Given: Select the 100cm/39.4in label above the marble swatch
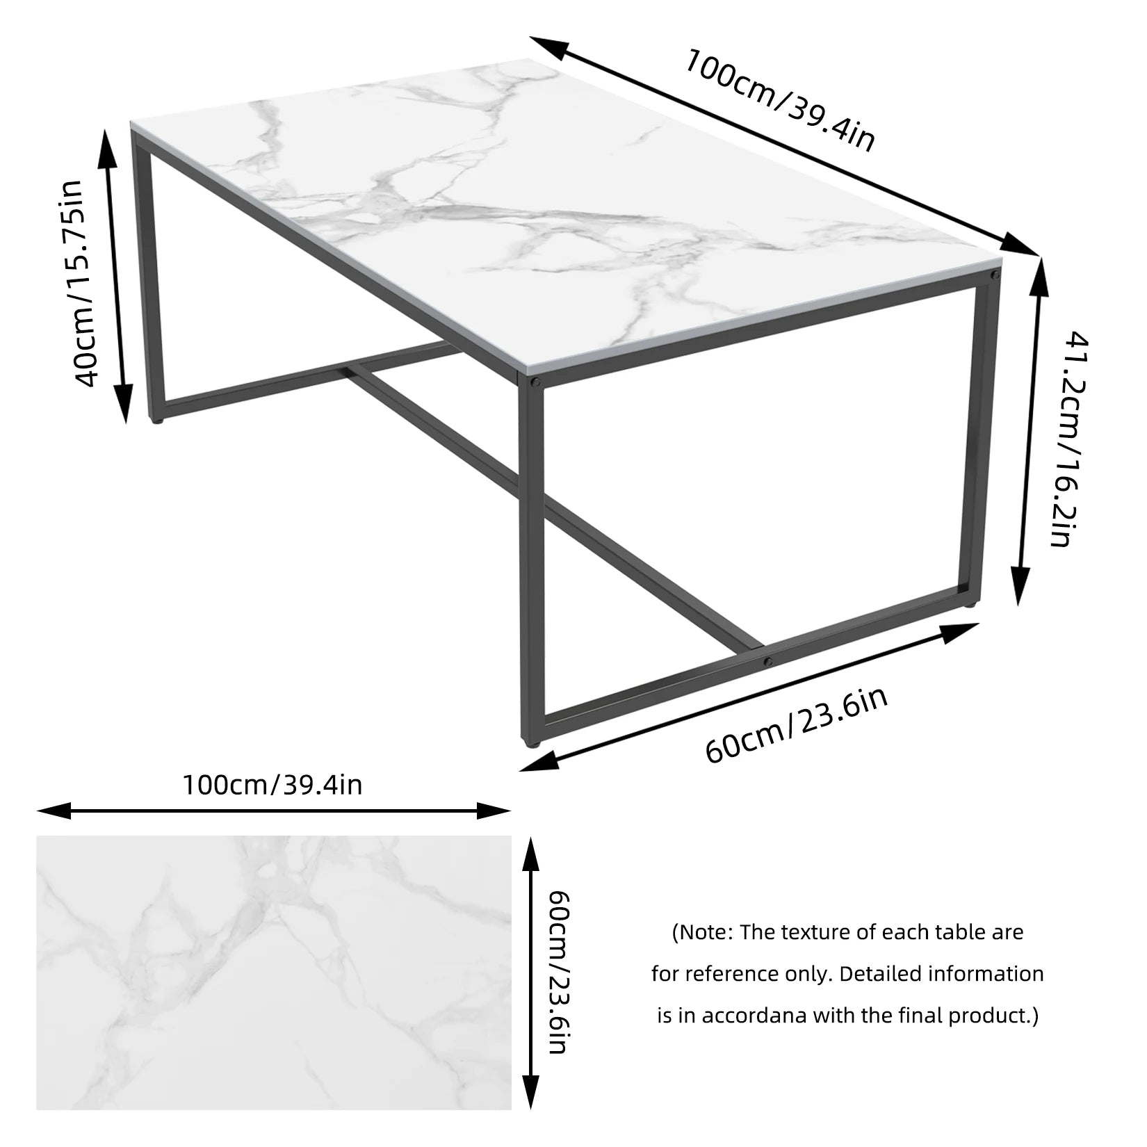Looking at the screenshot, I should (x=272, y=785).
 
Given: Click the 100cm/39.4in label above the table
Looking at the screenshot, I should (x=779, y=99).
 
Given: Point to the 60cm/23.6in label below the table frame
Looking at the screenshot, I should (x=796, y=724).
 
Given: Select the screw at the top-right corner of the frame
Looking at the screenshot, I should (x=995, y=276).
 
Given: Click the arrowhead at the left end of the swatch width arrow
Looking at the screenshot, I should (x=49, y=811).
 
